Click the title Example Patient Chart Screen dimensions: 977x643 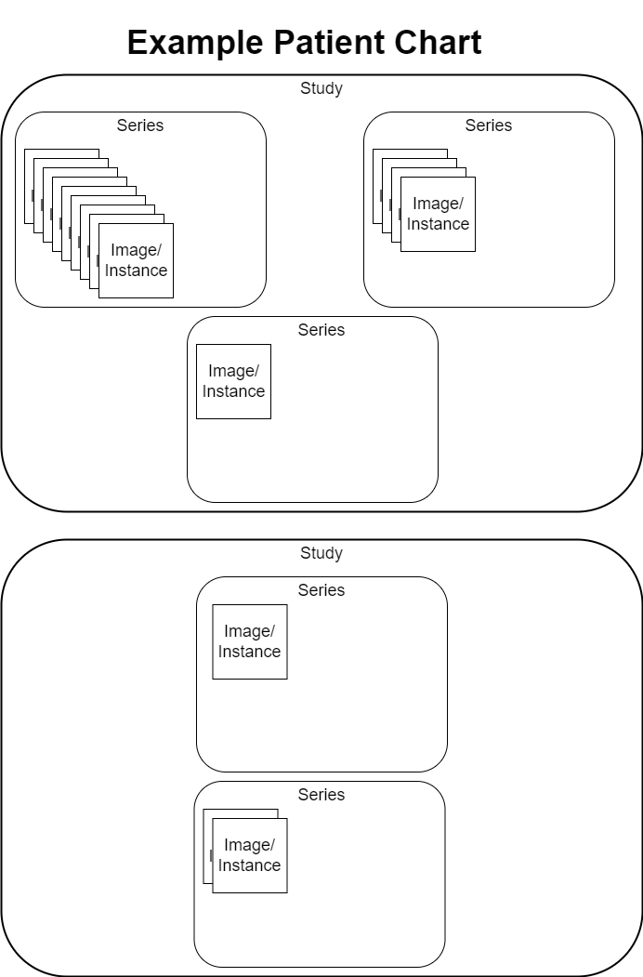[x=305, y=44]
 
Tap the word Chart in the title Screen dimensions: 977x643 [x=439, y=44]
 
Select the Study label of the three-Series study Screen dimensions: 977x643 [x=321, y=89]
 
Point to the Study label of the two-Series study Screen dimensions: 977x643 [x=321, y=554]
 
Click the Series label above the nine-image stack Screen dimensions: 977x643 [x=140, y=125]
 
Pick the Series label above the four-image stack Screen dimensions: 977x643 [x=489, y=125]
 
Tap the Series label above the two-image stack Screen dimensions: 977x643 [x=321, y=795]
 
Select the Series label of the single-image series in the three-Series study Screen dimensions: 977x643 [x=321, y=330]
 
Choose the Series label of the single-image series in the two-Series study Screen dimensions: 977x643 [x=321, y=590]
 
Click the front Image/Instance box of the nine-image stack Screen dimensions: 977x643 [x=136, y=260]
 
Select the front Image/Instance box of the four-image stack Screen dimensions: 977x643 [x=438, y=214]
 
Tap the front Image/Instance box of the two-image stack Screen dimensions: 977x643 [x=249, y=855]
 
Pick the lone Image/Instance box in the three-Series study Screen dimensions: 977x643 [x=233, y=381]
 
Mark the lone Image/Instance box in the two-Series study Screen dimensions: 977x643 [x=249, y=641]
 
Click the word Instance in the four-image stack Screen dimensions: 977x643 [x=438, y=224]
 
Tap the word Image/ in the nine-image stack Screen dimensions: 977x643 [x=136, y=250]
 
